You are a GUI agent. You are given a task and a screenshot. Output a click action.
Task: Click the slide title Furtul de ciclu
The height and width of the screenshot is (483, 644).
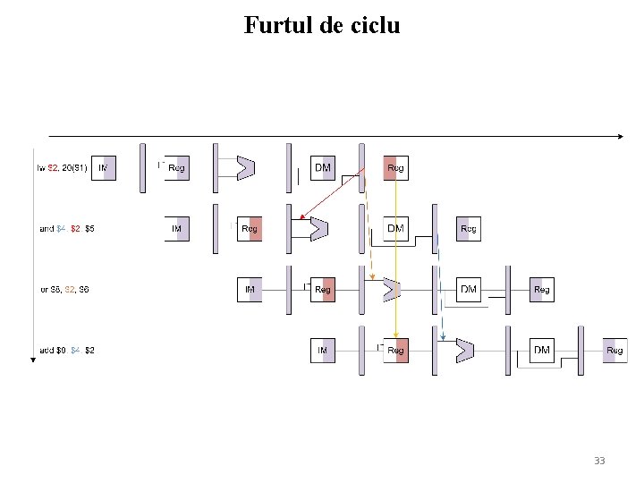[322, 25]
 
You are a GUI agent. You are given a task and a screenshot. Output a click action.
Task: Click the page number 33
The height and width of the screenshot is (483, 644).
[599, 461]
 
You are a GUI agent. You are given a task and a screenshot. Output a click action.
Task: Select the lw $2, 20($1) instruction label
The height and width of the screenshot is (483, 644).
[62, 168]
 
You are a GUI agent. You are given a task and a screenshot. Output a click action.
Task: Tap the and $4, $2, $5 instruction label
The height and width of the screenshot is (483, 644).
[67, 229]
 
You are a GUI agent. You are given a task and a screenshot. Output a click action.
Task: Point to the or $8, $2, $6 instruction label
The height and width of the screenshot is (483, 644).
[64, 290]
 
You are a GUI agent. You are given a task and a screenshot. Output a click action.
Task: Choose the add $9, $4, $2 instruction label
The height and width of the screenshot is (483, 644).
[67, 351]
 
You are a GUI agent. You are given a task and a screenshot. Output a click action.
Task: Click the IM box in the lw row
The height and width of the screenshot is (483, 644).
[104, 168]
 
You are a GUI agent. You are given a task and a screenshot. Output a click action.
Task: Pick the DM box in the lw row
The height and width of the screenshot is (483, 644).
[323, 168]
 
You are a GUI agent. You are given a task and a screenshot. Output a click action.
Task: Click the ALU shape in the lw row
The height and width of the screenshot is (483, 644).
[245, 168]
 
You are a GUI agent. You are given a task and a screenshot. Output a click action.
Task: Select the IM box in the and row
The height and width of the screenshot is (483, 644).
[177, 229]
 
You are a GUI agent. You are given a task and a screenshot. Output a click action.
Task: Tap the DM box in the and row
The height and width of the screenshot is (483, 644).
[395, 229]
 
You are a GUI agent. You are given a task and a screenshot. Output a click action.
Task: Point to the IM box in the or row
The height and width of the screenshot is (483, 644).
[250, 290]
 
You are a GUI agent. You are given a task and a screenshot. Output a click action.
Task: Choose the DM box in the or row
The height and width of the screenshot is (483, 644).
[469, 290]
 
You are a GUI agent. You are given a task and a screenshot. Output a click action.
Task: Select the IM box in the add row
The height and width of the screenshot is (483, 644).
[323, 351]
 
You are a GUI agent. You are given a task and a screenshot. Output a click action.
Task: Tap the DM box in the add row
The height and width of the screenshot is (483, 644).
[542, 351]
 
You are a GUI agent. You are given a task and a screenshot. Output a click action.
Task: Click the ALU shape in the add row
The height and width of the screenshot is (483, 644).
[464, 351]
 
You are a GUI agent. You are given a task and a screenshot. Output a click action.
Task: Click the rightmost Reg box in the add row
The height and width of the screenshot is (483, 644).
[614, 351]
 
